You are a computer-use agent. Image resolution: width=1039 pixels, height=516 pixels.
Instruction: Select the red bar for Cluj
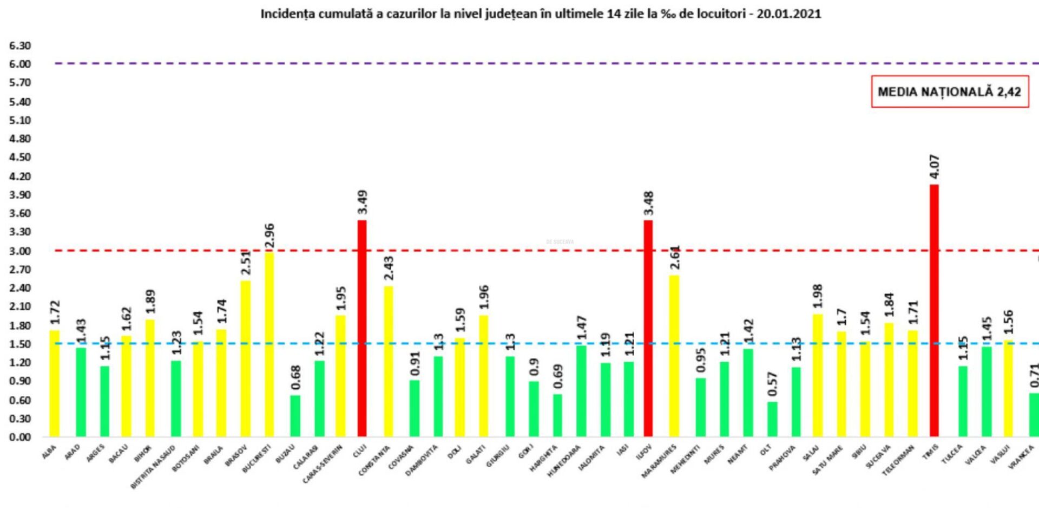pos(361,328)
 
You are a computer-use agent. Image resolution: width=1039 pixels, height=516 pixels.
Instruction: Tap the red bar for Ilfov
pos(648,328)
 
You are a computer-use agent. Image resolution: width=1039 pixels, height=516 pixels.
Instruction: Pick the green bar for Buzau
pos(295,416)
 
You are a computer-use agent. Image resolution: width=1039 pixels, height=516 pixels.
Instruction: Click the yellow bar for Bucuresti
pos(269,344)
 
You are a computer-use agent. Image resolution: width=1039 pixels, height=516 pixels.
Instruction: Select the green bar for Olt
pos(772,419)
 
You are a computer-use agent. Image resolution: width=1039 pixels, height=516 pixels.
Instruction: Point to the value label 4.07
pos(935,167)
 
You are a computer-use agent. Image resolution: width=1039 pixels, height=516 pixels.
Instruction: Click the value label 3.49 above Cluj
pos(363,202)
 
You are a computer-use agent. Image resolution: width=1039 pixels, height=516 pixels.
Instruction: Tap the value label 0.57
pos(773,384)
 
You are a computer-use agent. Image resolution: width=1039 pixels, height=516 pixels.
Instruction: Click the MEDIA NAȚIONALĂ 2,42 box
pos(949,92)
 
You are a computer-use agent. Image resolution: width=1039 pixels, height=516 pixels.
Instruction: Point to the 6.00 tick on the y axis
pos(20,64)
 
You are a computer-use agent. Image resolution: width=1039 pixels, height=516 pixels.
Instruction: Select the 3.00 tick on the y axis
pos(20,251)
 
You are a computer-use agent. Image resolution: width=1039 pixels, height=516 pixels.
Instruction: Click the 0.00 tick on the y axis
pos(20,437)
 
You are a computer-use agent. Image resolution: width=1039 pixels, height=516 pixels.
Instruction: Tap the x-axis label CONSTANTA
pos(374,460)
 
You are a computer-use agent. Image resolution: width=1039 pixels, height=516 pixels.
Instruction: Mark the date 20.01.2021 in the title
pos(788,14)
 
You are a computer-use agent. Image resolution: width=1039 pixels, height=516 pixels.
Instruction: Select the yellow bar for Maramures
pos(674,356)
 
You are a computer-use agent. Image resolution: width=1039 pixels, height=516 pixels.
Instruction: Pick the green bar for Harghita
pos(557,415)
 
